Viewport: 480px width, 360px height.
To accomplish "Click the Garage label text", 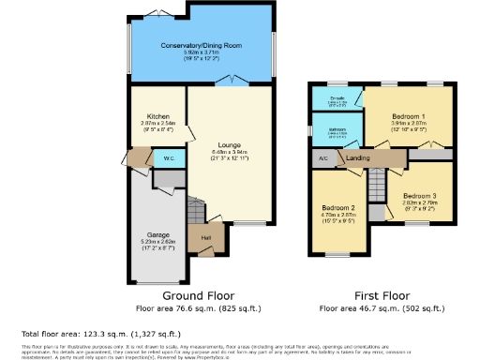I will point(157,234).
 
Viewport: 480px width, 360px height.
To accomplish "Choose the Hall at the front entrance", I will point(205,237).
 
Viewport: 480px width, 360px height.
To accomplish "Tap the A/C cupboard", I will point(323,158).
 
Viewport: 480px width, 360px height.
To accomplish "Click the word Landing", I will point(357,158).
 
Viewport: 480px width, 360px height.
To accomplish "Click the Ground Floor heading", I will point(203,294).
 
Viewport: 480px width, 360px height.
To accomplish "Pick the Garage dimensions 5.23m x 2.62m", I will point(157,244).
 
